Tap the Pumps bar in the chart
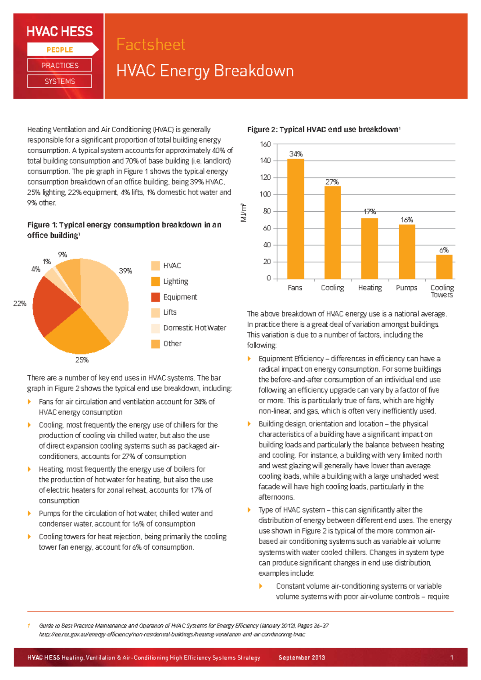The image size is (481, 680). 407,251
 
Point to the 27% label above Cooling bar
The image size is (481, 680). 332,182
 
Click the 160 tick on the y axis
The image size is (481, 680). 266,144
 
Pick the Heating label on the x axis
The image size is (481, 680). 370,287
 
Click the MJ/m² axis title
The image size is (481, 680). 243,212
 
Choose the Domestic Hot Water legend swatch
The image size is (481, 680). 156,328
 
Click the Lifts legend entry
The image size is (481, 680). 170,312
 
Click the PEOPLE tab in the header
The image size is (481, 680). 60,50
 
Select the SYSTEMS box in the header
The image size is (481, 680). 60,81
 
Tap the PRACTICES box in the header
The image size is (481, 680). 60,65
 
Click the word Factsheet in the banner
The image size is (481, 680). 151,44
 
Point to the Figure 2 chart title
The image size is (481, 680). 323,130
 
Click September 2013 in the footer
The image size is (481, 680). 302,658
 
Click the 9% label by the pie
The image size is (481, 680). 62,255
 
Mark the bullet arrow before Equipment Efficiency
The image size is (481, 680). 249,358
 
